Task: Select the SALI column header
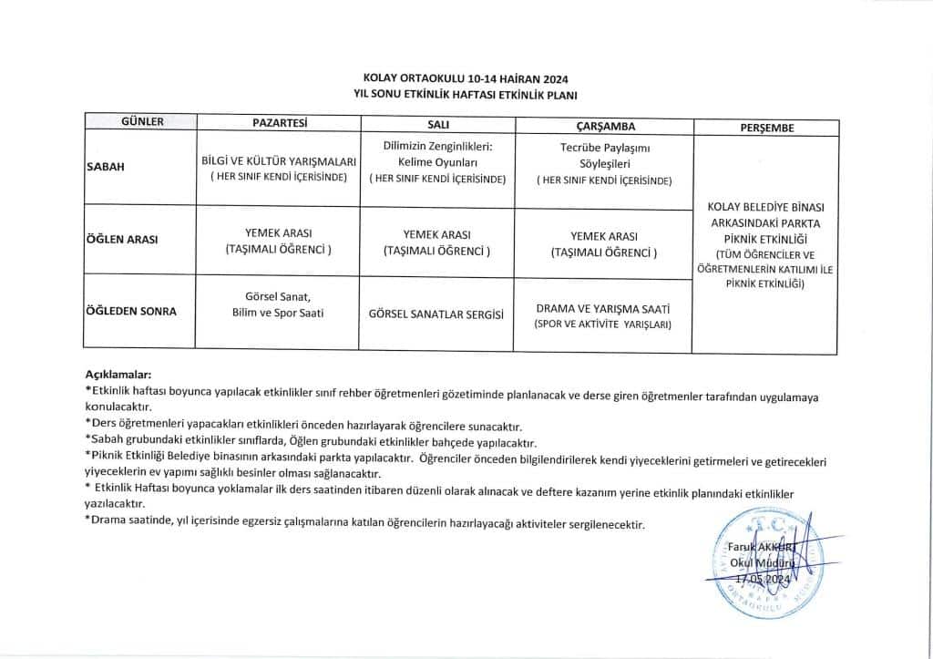coord(437,124)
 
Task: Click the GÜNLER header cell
coord(142,122)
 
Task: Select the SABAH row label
coord(106,167)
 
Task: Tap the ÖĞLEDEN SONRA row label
coord(131,312)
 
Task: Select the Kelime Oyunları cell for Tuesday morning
coord(437,162)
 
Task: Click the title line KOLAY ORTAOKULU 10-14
coord(466,79)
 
